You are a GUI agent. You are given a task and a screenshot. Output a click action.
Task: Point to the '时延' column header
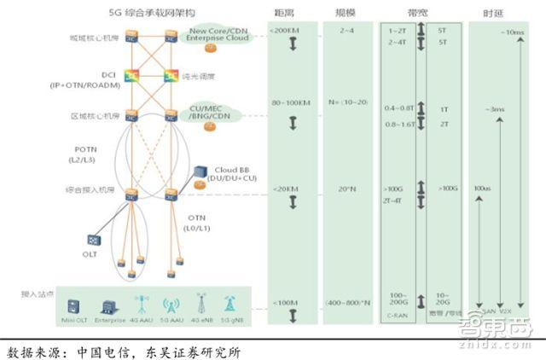point(493,13)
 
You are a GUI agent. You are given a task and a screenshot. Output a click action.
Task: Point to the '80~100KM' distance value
point(288,103)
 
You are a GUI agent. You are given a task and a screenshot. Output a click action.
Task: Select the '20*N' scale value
point(347,188)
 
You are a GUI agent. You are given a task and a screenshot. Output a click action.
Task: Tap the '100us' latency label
point(482,188)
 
